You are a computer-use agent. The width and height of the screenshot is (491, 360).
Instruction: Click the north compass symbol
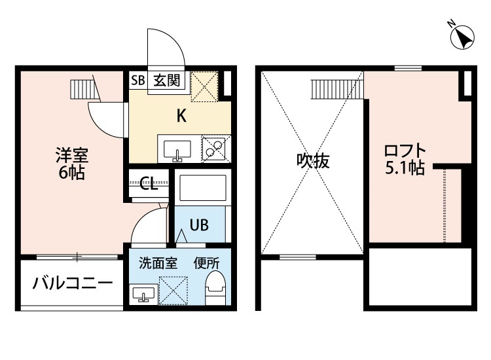click(x=462, y=37)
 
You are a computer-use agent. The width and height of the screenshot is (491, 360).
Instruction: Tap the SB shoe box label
click(x=137, y=81)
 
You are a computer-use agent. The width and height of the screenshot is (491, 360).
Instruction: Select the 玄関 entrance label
click(x=167, y=81)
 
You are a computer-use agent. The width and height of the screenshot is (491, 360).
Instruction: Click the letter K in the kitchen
click(x=181, y=115)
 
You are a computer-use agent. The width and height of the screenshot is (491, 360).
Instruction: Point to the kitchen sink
click(x=177, y=151)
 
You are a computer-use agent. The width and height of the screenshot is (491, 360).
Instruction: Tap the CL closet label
click(x=149, y=184)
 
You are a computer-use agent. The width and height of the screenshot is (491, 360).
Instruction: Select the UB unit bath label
click(x=199, y=225)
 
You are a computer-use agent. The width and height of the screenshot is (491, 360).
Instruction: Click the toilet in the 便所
click(x=215, y=288)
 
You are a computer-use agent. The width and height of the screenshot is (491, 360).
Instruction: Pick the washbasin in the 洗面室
click(x=144, y=294)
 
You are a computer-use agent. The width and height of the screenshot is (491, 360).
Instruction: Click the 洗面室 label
click(x=158, y=263)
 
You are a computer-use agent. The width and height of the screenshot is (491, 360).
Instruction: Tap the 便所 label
click(x=206, y=263)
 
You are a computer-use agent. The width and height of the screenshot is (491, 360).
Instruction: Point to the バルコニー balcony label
click(x=73, y=283)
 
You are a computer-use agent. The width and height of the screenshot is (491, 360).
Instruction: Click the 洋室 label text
click(x=72, y=155)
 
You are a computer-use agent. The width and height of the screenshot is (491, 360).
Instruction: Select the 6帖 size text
click(x=72, y=172)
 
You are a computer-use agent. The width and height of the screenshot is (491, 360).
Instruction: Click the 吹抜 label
click(x=313, y=161)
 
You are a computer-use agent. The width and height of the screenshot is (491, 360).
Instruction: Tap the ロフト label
click(x=405, y=151)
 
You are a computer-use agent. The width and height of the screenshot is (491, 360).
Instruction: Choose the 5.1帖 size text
click(x=405, y=168)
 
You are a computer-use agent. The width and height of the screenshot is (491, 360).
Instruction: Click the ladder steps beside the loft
click(x=337, y=90)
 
